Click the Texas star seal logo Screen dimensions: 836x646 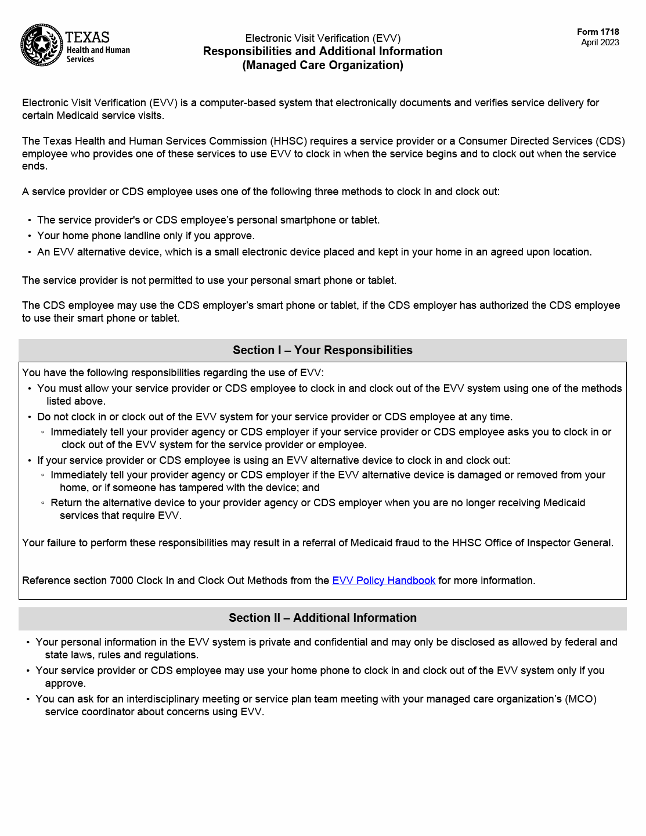pyautogui.click(x=42, y=45)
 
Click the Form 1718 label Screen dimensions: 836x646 pyautogui.click(x=598, y=32)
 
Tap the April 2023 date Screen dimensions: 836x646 pyautogui.click(x=600, y=42)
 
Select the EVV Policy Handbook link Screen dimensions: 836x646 pyautogui.click(x=383, y=581)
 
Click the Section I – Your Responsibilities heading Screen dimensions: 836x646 pyautogui.click(x=323, y=350)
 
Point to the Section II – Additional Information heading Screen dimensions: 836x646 pyautogui.click(x=323, y=618)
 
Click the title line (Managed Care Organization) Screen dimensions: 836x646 pyautogui.click(x=323, y=65)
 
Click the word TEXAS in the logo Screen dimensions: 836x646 pyautogui.click(x=88, y=37)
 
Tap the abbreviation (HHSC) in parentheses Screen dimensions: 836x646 pyautogui.click(x=288, y=141)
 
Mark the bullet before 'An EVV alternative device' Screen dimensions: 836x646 pyautogui.click(x=30, y=252)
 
